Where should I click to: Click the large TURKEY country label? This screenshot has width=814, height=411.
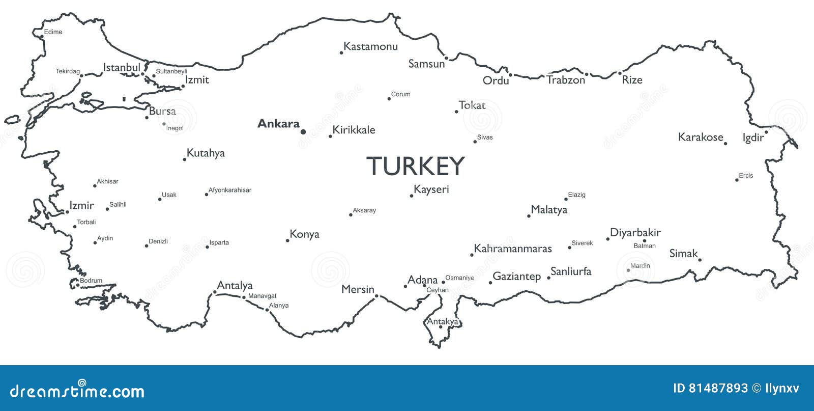(x=415, y=166)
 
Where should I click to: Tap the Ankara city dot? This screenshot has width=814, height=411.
(x=303, y=132)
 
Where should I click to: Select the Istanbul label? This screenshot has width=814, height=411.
(x=122, y=68)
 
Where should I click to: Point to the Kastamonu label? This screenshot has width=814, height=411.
(x=370, y=46)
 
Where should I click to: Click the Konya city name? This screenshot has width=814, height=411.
(x=304, y=234)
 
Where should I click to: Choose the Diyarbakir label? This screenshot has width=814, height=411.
(x=635, y=233)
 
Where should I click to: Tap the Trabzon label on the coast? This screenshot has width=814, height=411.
(x=566, y=80)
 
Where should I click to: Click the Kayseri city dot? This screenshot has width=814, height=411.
(x=412, y=196)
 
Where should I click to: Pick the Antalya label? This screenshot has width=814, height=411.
(x=235, y=286)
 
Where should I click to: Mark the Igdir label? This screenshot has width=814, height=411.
(x=753, y=138)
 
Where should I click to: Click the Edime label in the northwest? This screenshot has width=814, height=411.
(x=53, y=32)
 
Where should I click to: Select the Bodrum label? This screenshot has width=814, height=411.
(x=91, y=281)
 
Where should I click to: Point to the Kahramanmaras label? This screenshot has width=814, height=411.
(x=513, y=249)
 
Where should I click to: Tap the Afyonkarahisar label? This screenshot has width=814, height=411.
(x=230, y=190)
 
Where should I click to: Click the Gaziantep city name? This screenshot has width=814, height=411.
(x=516, y=277)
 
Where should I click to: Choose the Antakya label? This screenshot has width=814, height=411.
(x=442, y=321)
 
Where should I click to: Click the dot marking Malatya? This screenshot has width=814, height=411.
(x=529, y=216)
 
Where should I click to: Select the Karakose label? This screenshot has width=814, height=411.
(x=700, y=137)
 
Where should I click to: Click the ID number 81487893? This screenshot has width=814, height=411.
(x=718, y=389)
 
